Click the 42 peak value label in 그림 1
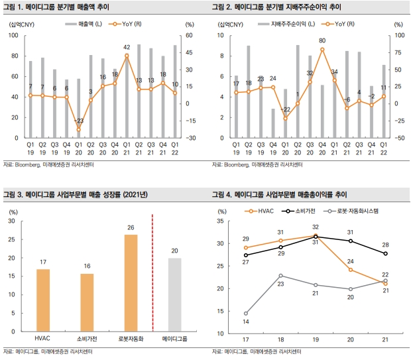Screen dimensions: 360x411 (127, 47)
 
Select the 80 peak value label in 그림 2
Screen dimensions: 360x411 (322, 41)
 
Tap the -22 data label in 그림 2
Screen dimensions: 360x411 (286, 109)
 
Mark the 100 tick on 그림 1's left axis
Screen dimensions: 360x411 (13, 35)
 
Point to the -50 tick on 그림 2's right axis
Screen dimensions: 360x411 (398, 138)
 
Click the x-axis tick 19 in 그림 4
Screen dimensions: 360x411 (316, 339)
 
